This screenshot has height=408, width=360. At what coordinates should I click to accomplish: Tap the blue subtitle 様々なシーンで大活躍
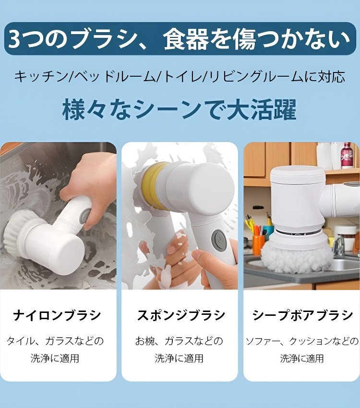179,109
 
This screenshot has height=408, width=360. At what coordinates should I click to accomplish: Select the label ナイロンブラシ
57,315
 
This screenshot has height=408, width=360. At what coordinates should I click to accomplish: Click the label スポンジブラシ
180,315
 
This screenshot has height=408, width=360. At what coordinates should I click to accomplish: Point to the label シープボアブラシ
302,315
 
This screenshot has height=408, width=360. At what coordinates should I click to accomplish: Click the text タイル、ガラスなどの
55,341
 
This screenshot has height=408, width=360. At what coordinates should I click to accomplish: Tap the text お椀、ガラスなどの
179,341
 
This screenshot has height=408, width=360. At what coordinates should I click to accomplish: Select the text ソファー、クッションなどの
302,341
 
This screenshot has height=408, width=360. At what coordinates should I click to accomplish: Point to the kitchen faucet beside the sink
339,245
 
